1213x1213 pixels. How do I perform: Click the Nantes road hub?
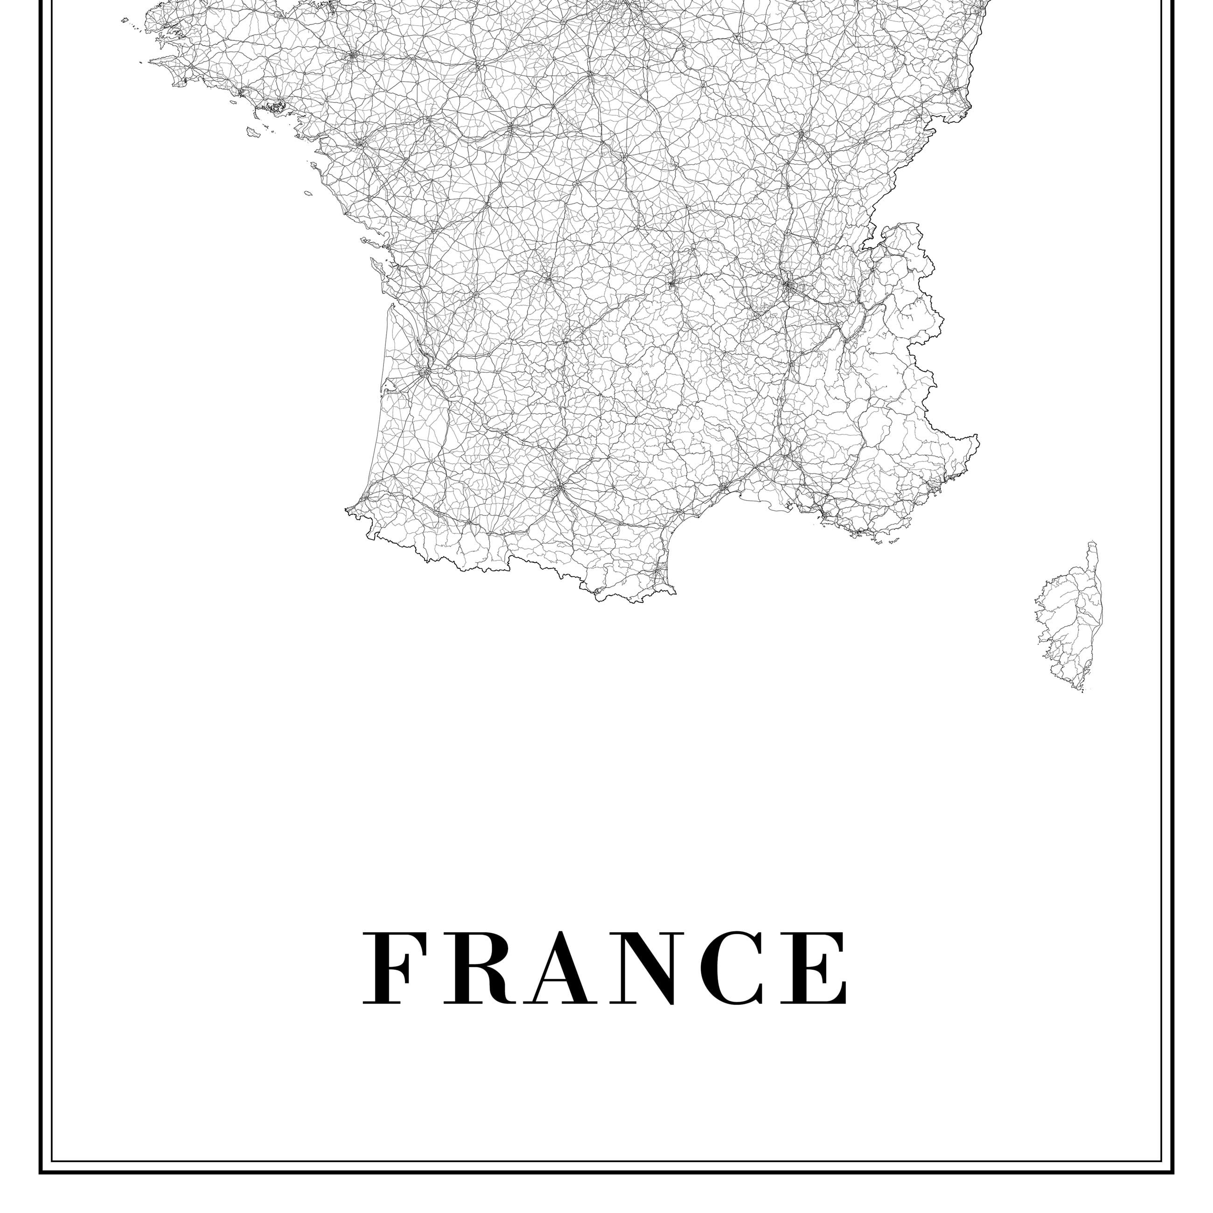point(360,144)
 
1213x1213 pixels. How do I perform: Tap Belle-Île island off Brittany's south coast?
point(254,132)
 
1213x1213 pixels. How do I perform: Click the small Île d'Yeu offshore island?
point(308,193)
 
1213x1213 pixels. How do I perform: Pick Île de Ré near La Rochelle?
point(366,241)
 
